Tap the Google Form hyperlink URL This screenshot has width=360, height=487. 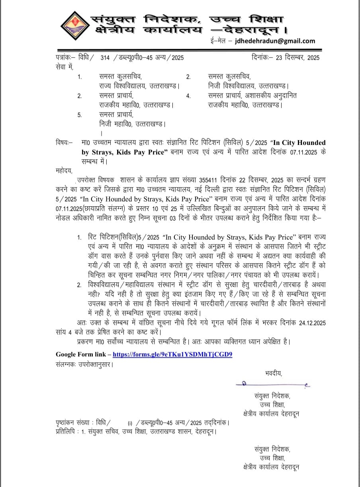(172, 354)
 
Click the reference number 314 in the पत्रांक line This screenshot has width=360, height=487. (105, 58)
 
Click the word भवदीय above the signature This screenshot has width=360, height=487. (273, 373)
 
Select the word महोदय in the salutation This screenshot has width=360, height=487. (64, 170)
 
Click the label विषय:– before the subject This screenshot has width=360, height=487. (64, 143)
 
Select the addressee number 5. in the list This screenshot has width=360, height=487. (80, 115)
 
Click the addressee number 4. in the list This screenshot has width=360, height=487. (188, 96)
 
